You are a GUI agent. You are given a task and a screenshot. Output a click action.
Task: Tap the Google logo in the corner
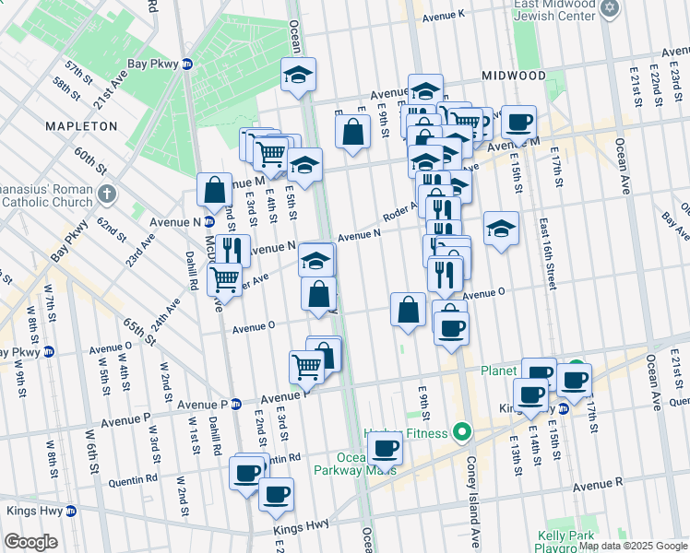pyautogui.click(x=30, y=542)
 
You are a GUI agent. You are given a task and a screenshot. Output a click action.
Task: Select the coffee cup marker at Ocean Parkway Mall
pyautogui.click(x=385, y=449)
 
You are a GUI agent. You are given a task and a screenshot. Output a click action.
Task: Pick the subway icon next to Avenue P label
pyautogui.click(x=235, y=404)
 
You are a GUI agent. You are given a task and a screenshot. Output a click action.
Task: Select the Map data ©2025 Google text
pyautogui.click(x=634, y=546)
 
